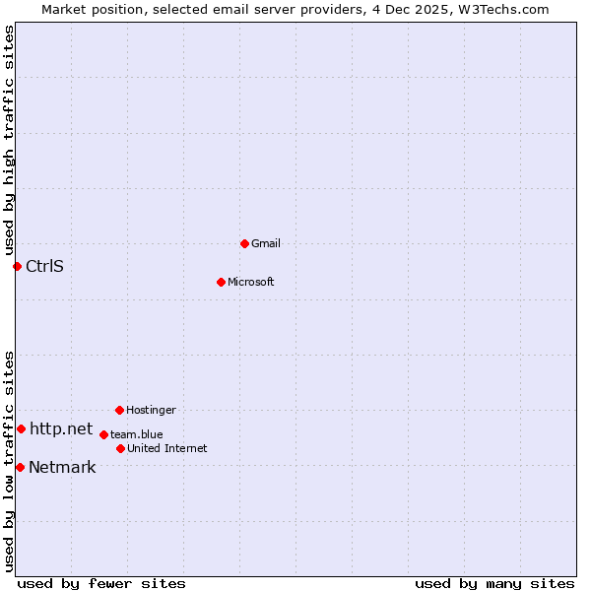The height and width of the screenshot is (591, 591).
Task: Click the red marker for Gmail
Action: click(244, 243)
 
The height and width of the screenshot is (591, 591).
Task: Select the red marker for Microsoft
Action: click(221, 282)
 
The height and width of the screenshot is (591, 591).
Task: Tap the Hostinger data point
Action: click(119, 410)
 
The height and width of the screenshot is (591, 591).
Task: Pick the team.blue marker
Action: click(103, 434)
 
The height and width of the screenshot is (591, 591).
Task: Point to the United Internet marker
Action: click(120, 448)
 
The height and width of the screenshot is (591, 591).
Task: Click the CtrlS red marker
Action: click(17, 266)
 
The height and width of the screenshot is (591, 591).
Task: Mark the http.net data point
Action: click(21, 428)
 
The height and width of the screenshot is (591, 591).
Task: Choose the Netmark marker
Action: click(20, 467)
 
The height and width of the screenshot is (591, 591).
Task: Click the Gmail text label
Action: click(266, 243)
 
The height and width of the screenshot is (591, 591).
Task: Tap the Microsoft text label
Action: click(251, 282)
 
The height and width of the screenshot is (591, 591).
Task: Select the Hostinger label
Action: click(151, 410)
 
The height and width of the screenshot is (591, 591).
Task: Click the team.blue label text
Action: click(137, 434)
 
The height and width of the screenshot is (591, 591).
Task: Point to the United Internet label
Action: click(167, 448)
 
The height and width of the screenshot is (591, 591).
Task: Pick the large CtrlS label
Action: click(44, 266)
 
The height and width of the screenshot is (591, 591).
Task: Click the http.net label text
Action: click(61, 428)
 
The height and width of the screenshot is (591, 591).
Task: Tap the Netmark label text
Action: click(62, 467)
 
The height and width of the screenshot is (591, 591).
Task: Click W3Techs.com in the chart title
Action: click(502, 9)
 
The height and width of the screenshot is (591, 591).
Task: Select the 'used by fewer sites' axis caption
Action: click(101, 583)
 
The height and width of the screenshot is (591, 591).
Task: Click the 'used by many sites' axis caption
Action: click(494, 583)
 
